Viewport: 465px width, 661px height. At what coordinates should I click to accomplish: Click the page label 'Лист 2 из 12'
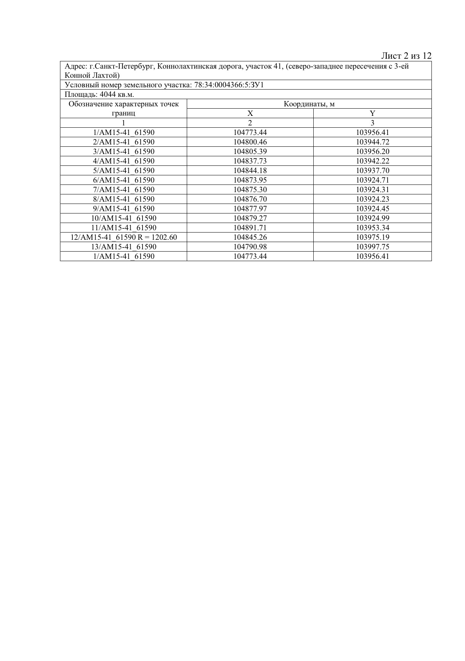point(406,56)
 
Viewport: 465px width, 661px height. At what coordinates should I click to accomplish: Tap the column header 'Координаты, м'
point(309,104)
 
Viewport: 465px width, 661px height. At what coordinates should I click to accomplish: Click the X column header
point(250,113)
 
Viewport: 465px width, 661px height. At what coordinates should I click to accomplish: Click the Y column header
point(372,113)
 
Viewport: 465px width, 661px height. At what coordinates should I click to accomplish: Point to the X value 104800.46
point(250,142)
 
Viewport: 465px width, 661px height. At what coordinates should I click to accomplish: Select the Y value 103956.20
point(372,151)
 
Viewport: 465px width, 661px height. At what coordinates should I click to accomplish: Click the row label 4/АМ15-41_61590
point(124,161)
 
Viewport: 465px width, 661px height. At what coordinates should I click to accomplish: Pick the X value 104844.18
point(250,170)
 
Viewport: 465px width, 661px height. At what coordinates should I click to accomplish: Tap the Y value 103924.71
point(372,180)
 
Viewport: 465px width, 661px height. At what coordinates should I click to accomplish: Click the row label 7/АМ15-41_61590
point(124,189)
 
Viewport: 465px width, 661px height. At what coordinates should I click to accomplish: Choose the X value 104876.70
point(250,199)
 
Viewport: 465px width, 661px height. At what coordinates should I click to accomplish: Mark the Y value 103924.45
point(372,209)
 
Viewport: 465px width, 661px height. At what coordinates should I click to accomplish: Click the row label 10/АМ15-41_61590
point(124,218)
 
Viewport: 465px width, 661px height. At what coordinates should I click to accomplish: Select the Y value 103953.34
point(372,228)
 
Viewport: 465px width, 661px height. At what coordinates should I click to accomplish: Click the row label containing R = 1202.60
point(124,237)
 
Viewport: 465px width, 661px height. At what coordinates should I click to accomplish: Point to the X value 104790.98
point(250,247)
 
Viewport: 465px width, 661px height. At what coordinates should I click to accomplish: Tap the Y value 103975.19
point(372,237)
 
